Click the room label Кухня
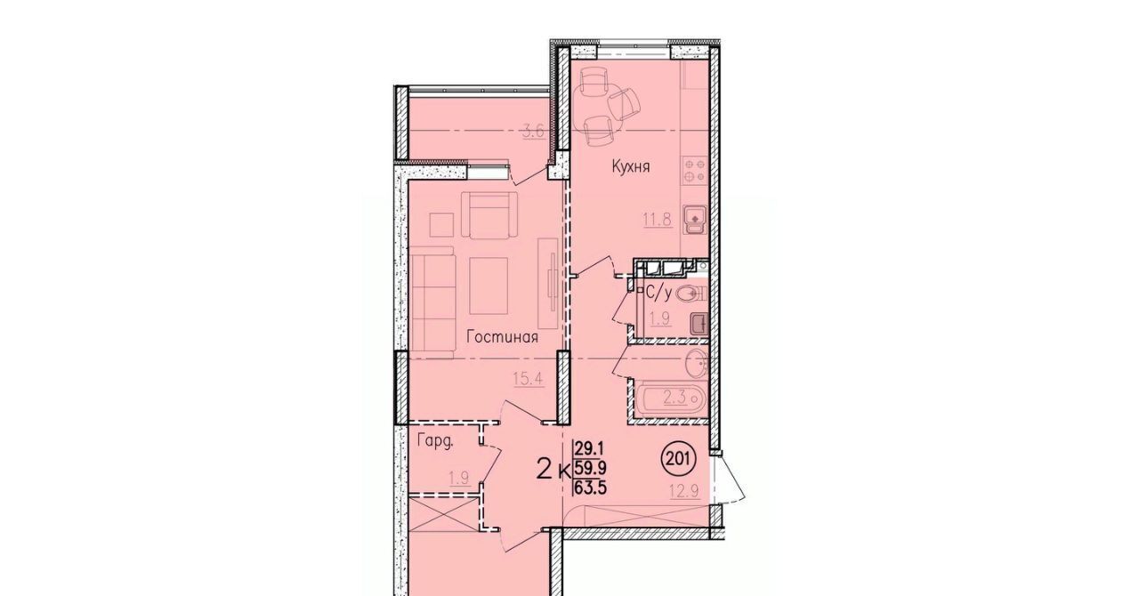point(631,166)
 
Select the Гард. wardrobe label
point(435,441)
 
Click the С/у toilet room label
point(658,293)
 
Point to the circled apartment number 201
point(677,460)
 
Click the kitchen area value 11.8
point(658,220)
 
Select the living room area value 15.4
point(529,379)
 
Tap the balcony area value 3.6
point(534,131)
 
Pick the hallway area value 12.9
point(684,491)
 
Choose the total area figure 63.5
point(591,487)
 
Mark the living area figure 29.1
point(590,449)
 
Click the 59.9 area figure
point(591,468)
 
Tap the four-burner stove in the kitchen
point(695,171)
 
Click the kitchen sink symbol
point(694,220)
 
